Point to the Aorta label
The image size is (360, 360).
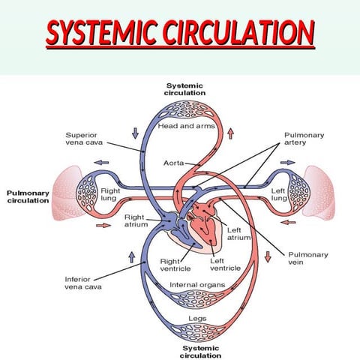pyautogui.click(x=173, y=162)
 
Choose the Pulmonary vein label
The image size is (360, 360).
pyautogui.click(x=307, y=259)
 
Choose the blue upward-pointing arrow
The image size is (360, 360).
pyautogui.click(x=132, y=257)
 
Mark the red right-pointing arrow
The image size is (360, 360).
pyautogui.click(x=102, y=223)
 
